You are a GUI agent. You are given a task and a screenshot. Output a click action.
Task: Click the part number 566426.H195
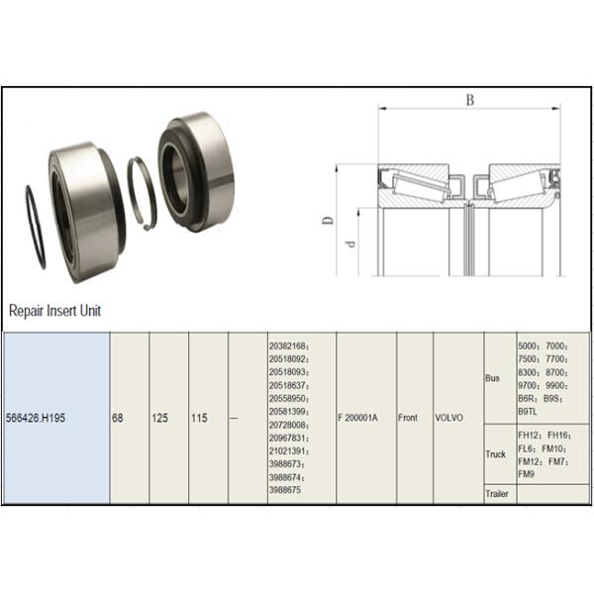coord(36,418)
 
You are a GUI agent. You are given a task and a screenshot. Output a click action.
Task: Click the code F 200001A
coord(357,418)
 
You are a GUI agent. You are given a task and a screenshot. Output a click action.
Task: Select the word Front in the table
coord(408,418)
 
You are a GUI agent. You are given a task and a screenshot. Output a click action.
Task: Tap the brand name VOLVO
coord(448,418)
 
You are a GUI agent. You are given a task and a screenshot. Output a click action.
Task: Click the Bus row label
coord(492,378)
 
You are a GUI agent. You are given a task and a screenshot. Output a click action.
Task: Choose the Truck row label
coord(496,453)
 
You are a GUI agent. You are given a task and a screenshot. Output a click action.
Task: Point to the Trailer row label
coord(497,494)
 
